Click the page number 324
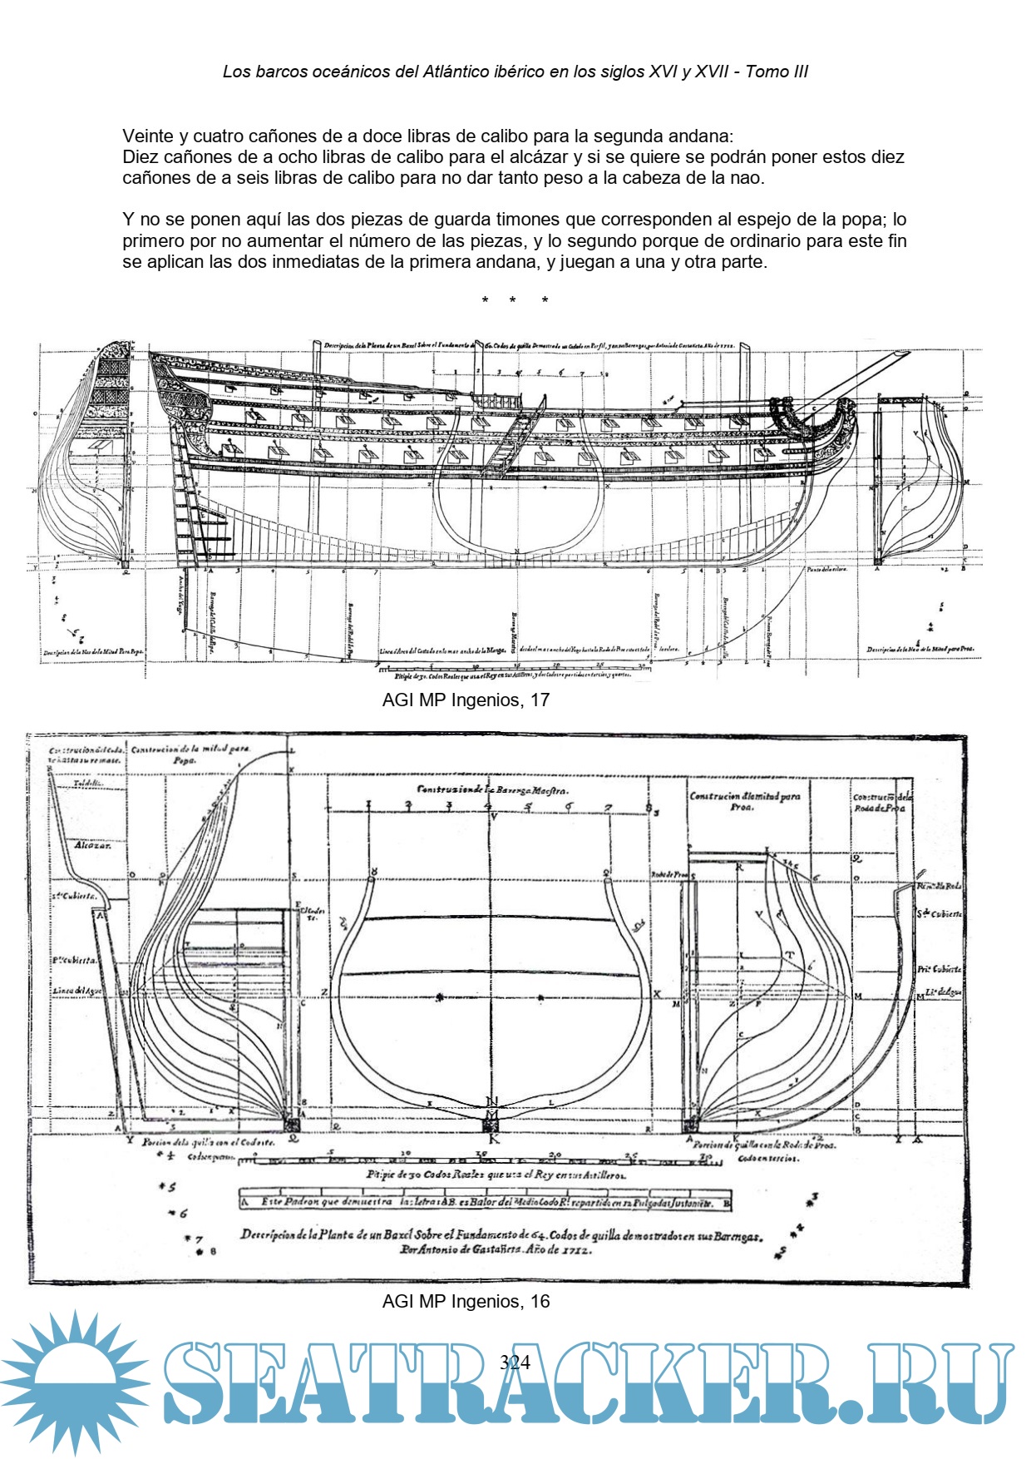tap(515, 1362)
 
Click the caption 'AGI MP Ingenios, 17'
tap(466, 700)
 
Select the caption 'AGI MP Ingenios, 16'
tap(466, 1301)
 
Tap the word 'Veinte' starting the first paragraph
tap(148, 136)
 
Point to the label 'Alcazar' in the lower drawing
tap(92, 845)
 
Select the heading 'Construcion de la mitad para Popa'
tap(190, 754)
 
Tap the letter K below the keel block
tap(494, 1140)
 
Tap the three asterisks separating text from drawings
tap(514, 300)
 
